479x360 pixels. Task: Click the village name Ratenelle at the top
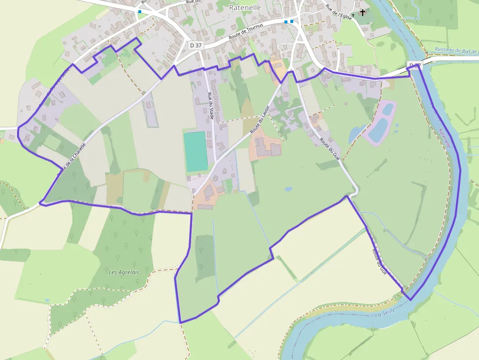click(245, 8)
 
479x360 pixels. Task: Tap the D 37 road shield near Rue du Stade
click(196, 45)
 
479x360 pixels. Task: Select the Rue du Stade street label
click(211, 106)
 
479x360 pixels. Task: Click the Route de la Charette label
click(71, 159)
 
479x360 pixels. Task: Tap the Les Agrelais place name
click(124, 272)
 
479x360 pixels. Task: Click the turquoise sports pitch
click(196, 151)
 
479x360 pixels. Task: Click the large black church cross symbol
click(363, 12)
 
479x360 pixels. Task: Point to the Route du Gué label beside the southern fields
click(379, 262)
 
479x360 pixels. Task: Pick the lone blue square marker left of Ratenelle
click(140, 11)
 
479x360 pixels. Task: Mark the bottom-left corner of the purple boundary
click(180, 322)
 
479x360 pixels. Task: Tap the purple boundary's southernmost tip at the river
click(410, 300)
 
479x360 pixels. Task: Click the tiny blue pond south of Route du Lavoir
click(288, 189)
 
